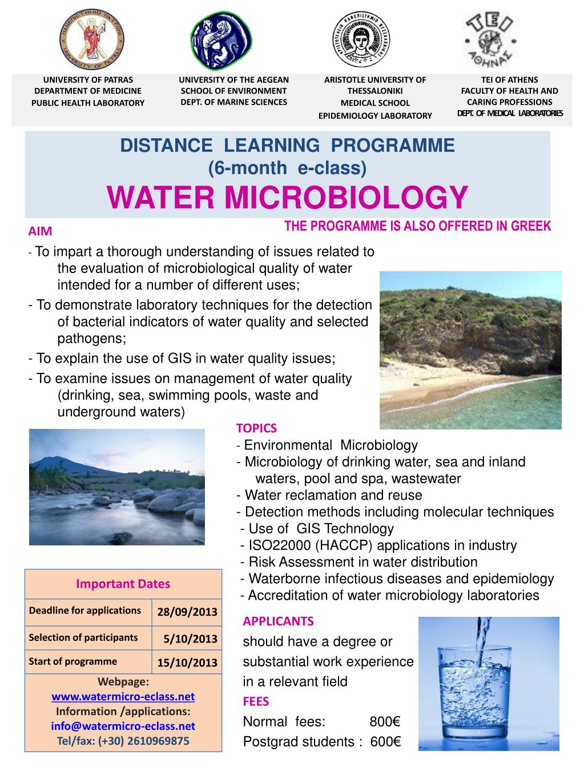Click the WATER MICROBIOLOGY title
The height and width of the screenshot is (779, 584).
point(287,198)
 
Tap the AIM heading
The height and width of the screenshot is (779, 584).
point(40,231)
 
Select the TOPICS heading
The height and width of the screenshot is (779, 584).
point(256,428)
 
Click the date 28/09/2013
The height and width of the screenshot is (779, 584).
point(187,612)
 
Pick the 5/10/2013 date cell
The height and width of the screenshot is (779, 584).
point(190,639)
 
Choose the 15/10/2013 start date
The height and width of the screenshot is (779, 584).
point(187,662)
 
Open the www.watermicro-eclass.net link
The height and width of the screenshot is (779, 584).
point(123,697)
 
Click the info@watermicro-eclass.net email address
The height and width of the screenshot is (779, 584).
point(123,726)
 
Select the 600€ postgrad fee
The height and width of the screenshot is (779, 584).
point(386,742)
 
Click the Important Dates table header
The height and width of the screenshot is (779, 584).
point(123,584)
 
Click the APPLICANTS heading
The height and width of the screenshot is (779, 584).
point(278,621)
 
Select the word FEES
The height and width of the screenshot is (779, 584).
point(256,701)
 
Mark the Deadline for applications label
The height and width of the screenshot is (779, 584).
point(84,611)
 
